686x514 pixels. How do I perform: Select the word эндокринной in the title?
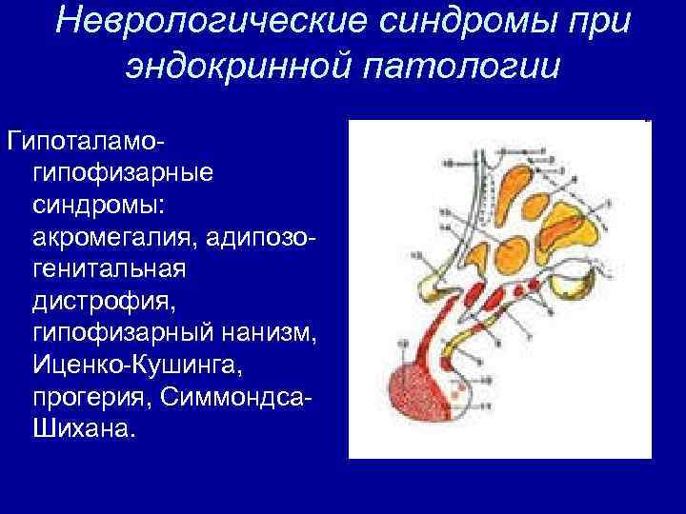coord(246,68)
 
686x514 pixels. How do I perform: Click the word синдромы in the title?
coord(464,24)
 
